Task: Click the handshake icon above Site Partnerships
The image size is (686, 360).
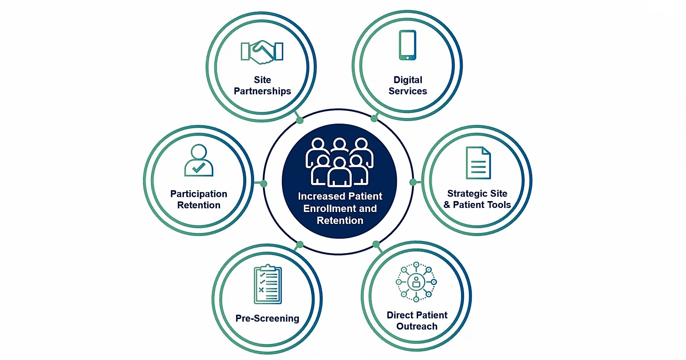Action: click(x=262, y=52)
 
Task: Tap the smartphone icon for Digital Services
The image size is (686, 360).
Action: click(x=407, y=45)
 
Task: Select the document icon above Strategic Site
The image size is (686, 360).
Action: click(x=478, y=163)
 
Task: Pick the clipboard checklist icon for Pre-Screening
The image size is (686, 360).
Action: click(x=268, y=284)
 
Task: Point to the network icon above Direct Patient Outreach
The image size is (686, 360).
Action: click(x=416, y=282)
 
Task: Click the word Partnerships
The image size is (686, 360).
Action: click(x=262, y=91)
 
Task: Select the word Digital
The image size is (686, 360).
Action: click(x=408, y=80)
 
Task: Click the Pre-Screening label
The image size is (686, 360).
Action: click(x=267, y=319)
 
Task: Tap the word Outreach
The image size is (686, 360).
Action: click(x=417, y=326)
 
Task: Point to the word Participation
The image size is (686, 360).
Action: click(x=199, y=194)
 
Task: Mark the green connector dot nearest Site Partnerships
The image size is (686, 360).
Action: click(x=299, y=120)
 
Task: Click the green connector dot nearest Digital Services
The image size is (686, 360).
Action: click(x=374, y=119)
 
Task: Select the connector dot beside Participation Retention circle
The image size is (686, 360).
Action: click(x=264, y=183)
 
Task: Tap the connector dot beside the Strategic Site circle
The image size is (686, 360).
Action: click(x=413, y=182)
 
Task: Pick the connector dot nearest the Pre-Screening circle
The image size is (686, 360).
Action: click(x=299, y=245)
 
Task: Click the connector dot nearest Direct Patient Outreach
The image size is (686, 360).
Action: click(x=376, y=244)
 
